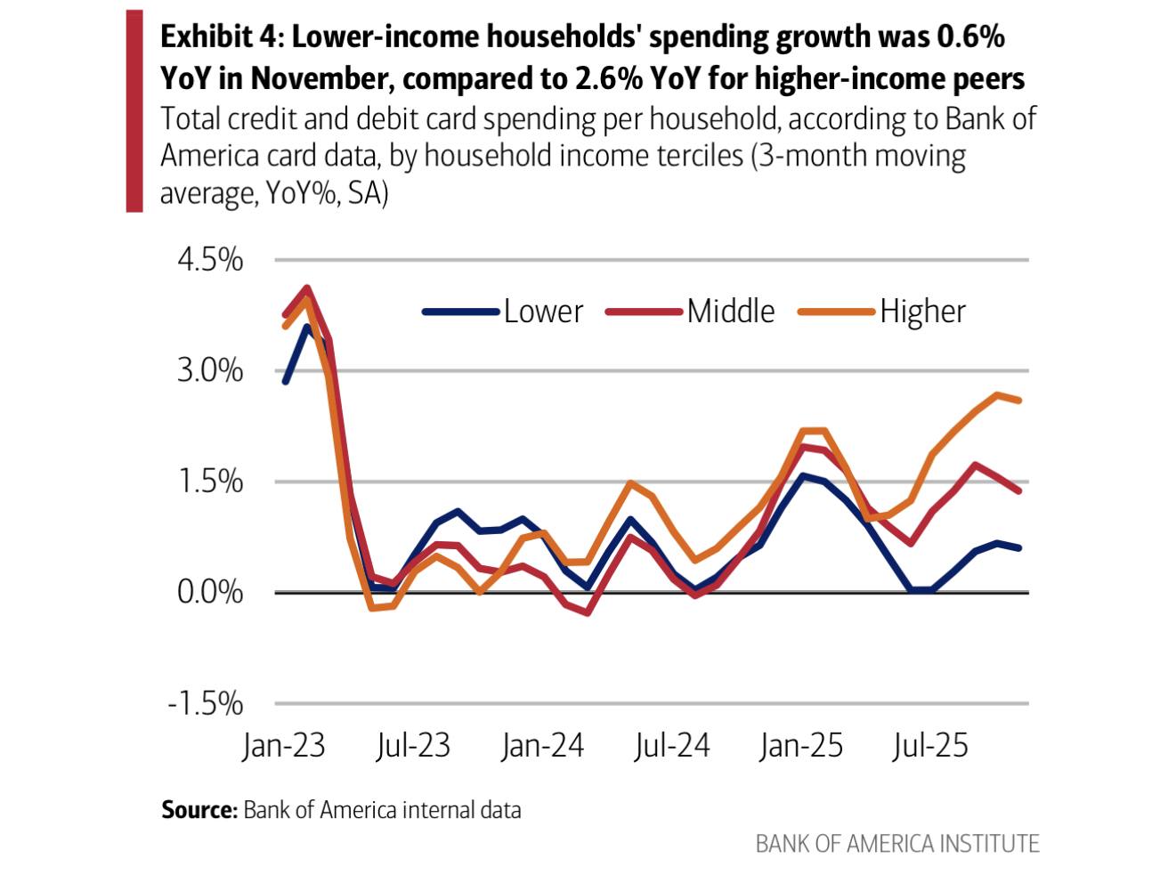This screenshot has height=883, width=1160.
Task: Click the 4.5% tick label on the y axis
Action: (x=210, y=260)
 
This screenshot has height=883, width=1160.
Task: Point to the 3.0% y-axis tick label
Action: (x=210, y=370)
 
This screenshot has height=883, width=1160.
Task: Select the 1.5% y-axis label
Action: (x=210, y=482)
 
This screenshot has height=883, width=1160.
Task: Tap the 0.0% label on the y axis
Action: (x=210, y=592)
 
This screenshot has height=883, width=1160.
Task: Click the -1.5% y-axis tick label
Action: (x=206, y=703)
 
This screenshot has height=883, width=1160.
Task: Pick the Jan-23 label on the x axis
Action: (x=283, y=745)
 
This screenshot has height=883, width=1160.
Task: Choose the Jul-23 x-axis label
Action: (x=412, y=745)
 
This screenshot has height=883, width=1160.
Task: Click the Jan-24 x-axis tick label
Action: (x=542, y=745)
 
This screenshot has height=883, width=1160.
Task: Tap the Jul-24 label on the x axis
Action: (x=671, y=745)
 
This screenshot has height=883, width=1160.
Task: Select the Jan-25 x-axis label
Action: (x=800, y=745)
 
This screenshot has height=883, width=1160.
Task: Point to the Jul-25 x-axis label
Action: (x=929, y=745)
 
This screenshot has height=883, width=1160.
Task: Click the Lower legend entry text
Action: (x=543, y=312)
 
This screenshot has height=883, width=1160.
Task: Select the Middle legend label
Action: (x=731, y=312)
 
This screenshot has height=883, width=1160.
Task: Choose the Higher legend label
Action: (x=922, y=312)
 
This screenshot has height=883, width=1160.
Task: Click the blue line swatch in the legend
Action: (x=459, y=312)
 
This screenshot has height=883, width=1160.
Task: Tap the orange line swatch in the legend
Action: (x=836, y=312)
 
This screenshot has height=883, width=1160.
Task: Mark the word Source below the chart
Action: (x=199, y=810)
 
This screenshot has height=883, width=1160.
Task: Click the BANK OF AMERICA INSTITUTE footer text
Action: (x=896, y=844)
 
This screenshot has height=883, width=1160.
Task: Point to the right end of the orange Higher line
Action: (x=1018, y=401)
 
